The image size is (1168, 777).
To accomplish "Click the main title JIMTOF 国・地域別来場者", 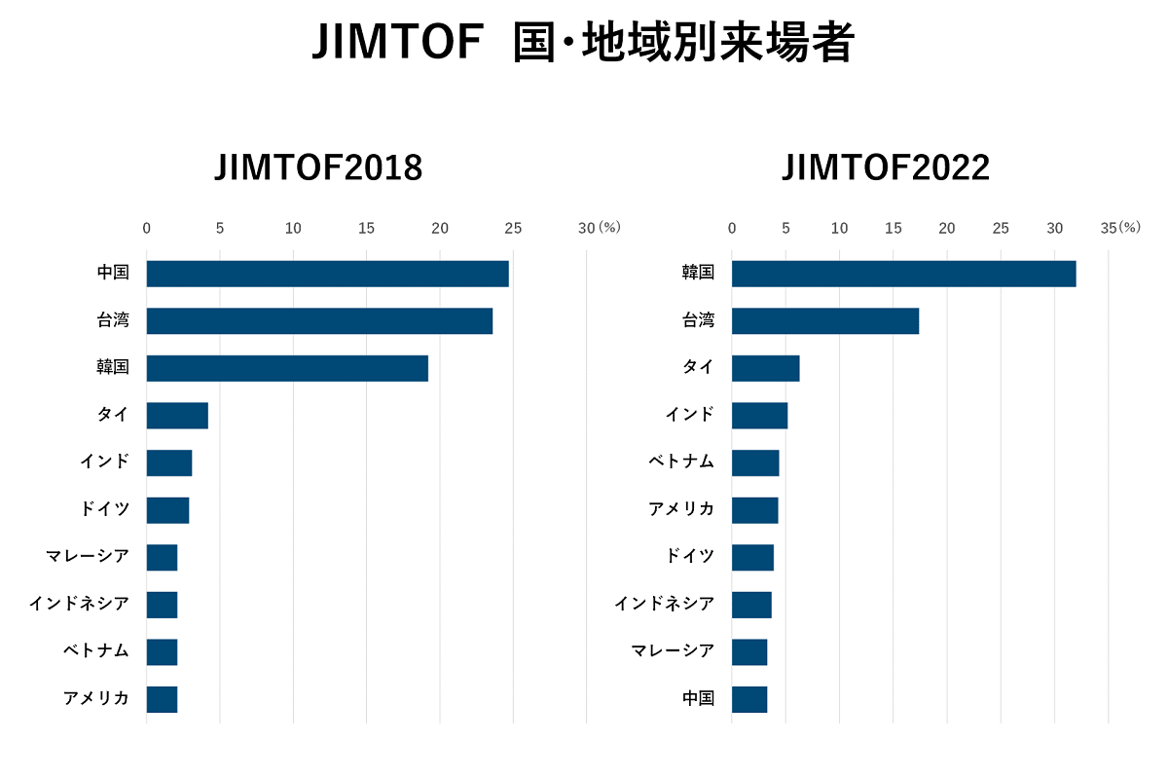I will pyautogui.click(x=583, y=44).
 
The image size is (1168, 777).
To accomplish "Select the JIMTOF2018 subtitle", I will pyautogui.click(x=318, y=168).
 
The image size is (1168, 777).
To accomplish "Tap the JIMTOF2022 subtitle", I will pyautogui.click(x=886, y=168).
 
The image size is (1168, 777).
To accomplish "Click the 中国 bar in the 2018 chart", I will pyautogui.click(x=327, y=274).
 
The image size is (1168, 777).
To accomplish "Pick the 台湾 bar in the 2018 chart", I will pyautogui.click(x=319, y=320).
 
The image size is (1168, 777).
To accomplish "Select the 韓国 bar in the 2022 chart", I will pyautogui.click(x=903, y=274).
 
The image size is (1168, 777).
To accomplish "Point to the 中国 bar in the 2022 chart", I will pyautogui.click(x=749, y=699).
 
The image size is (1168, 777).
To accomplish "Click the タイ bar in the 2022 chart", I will pyautogui.click(x=765, y=368).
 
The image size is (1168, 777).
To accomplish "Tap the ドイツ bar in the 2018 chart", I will pyautogui.click(x=167, y=510).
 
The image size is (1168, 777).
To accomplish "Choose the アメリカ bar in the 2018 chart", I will pyautogui.click(x=162, y=699).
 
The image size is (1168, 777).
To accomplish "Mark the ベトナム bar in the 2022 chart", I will pyautogui.click(x=755, y=462).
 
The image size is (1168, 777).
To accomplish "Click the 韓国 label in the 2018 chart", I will pyautogui.click(x=113, y=367).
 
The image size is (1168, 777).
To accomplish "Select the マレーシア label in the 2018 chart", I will pyautogui.click(x=88, y=557).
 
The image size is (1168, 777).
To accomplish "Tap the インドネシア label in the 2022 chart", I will pyautogui.click(x=664, y=604).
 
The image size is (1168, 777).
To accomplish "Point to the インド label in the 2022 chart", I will pyautogui.click(x=689, y=415).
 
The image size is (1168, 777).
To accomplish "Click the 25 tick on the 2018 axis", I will pyautogui.click(x=513, y=228).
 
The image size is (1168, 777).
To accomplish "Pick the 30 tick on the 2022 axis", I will pyautogui.click(x=1054, y=228).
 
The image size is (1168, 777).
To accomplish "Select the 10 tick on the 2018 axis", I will pyautogui.click(x=293, y=228).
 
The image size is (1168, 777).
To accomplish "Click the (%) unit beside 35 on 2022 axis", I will pyautogui.click(x=1129, y=228).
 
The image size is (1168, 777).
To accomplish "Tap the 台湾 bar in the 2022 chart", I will pyautogui.click(x=825, y=320).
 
